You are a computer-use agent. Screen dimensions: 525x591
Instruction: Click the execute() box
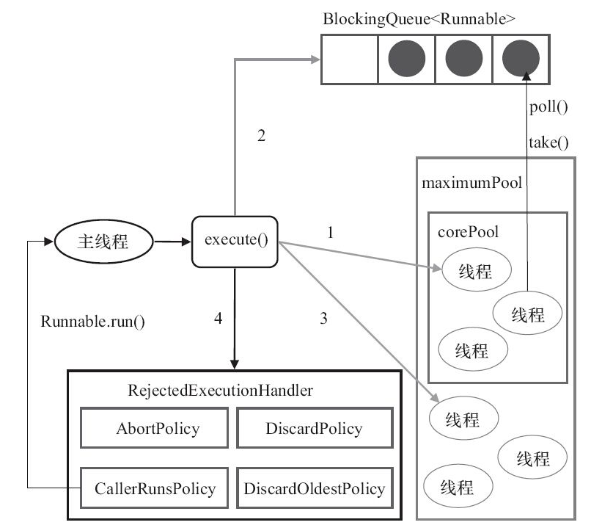(x=235, y=241)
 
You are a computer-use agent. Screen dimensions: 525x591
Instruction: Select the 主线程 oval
(x=103, y=241)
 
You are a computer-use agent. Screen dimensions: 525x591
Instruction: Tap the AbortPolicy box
(x=157, y=427)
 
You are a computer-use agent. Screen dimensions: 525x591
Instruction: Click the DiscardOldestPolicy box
(x=313, y=488)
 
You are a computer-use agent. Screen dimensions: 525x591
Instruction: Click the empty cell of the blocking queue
(x=349, y=58)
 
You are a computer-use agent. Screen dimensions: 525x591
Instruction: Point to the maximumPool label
(x=471, y=183)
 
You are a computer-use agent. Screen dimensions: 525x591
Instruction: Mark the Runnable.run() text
(x=92, y=321)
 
